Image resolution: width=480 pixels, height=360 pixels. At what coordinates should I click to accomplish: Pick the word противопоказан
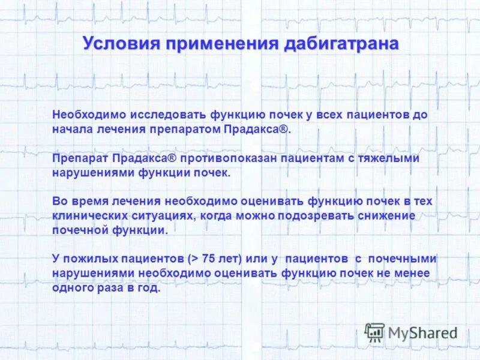pos(229,158)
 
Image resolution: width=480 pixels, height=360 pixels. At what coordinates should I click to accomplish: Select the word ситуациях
pos(157,215)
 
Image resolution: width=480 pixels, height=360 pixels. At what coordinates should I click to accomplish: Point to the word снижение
pos(388,215)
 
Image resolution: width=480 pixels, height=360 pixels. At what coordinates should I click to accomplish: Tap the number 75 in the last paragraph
pos(209,259)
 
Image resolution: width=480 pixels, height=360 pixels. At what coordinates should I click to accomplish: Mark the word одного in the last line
pos(70,287)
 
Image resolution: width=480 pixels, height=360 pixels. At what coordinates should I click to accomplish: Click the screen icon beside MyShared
pos(374,332)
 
